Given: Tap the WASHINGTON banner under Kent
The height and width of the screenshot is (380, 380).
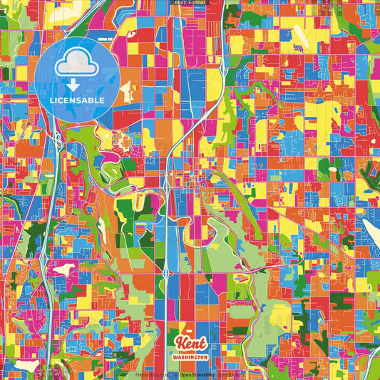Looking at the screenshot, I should point(190,356).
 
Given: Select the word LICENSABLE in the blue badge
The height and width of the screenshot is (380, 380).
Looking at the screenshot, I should point(77,100).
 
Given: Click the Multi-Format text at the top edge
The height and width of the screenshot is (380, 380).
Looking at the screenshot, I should point(190,3).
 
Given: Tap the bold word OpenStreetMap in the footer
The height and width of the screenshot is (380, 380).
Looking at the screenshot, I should point(197,374).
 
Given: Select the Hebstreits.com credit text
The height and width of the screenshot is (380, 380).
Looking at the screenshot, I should point(153,374).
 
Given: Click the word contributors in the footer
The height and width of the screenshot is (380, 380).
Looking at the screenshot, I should point(230,374).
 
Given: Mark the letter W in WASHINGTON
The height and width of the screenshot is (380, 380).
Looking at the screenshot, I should point(175,356).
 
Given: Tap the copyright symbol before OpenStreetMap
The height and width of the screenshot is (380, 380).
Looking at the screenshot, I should point(176,374).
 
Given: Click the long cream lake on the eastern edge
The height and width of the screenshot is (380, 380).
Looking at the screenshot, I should point(371,232).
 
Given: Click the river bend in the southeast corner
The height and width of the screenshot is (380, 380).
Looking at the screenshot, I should point(367,335).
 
